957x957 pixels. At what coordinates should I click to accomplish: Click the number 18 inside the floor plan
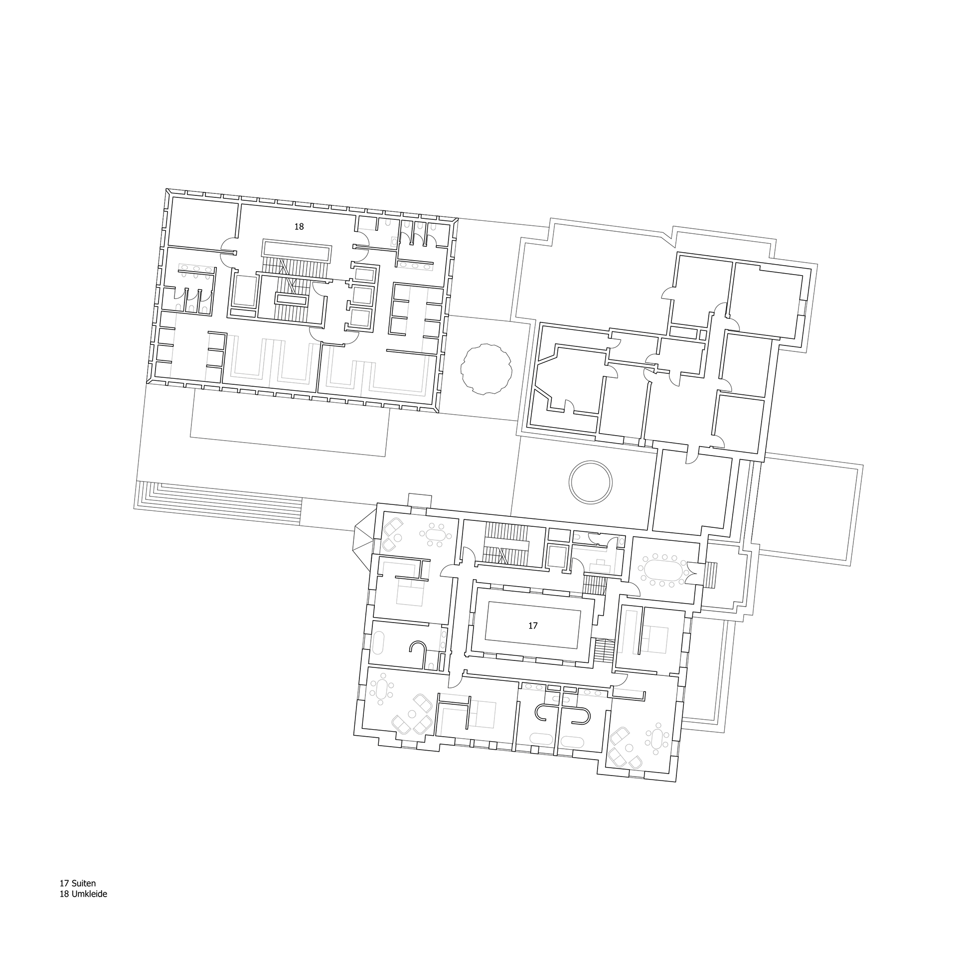click(x=299, y=227)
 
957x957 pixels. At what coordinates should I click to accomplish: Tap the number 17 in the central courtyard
click(x=533, y=626)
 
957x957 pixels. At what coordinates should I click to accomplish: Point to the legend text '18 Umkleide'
click(x=83, y=894)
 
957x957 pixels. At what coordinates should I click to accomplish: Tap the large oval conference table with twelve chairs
click(x=663, y=569)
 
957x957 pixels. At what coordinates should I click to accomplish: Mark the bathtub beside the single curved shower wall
click(x=378, y=643)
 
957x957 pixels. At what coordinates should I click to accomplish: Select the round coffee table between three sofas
click(x=413, y=714)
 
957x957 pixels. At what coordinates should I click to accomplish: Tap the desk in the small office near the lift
click(x=600, y=565)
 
